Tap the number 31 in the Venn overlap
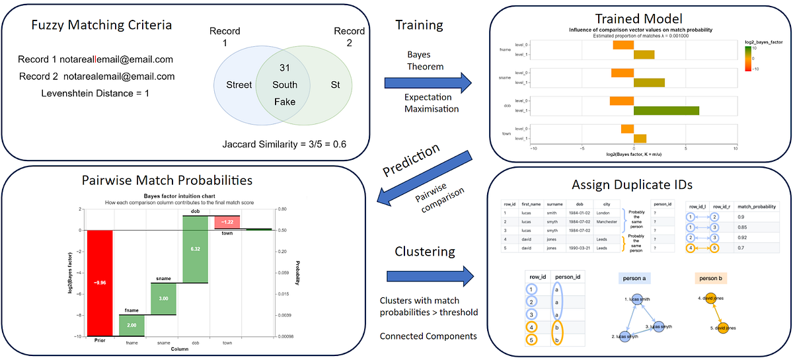(285, 68)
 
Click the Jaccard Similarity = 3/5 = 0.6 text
(285, 144)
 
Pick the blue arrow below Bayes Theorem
(428, 83)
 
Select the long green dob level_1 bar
(666, 111)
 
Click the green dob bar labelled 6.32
(195, 248)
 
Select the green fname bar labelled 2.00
(132, 325)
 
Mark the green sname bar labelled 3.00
(163, 299)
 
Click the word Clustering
(425, 252)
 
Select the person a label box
(636, 279)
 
